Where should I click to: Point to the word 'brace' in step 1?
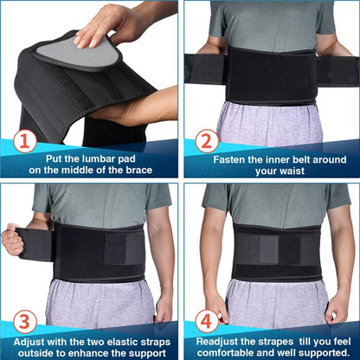click(135, 172)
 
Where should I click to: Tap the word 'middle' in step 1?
click(82, 172)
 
